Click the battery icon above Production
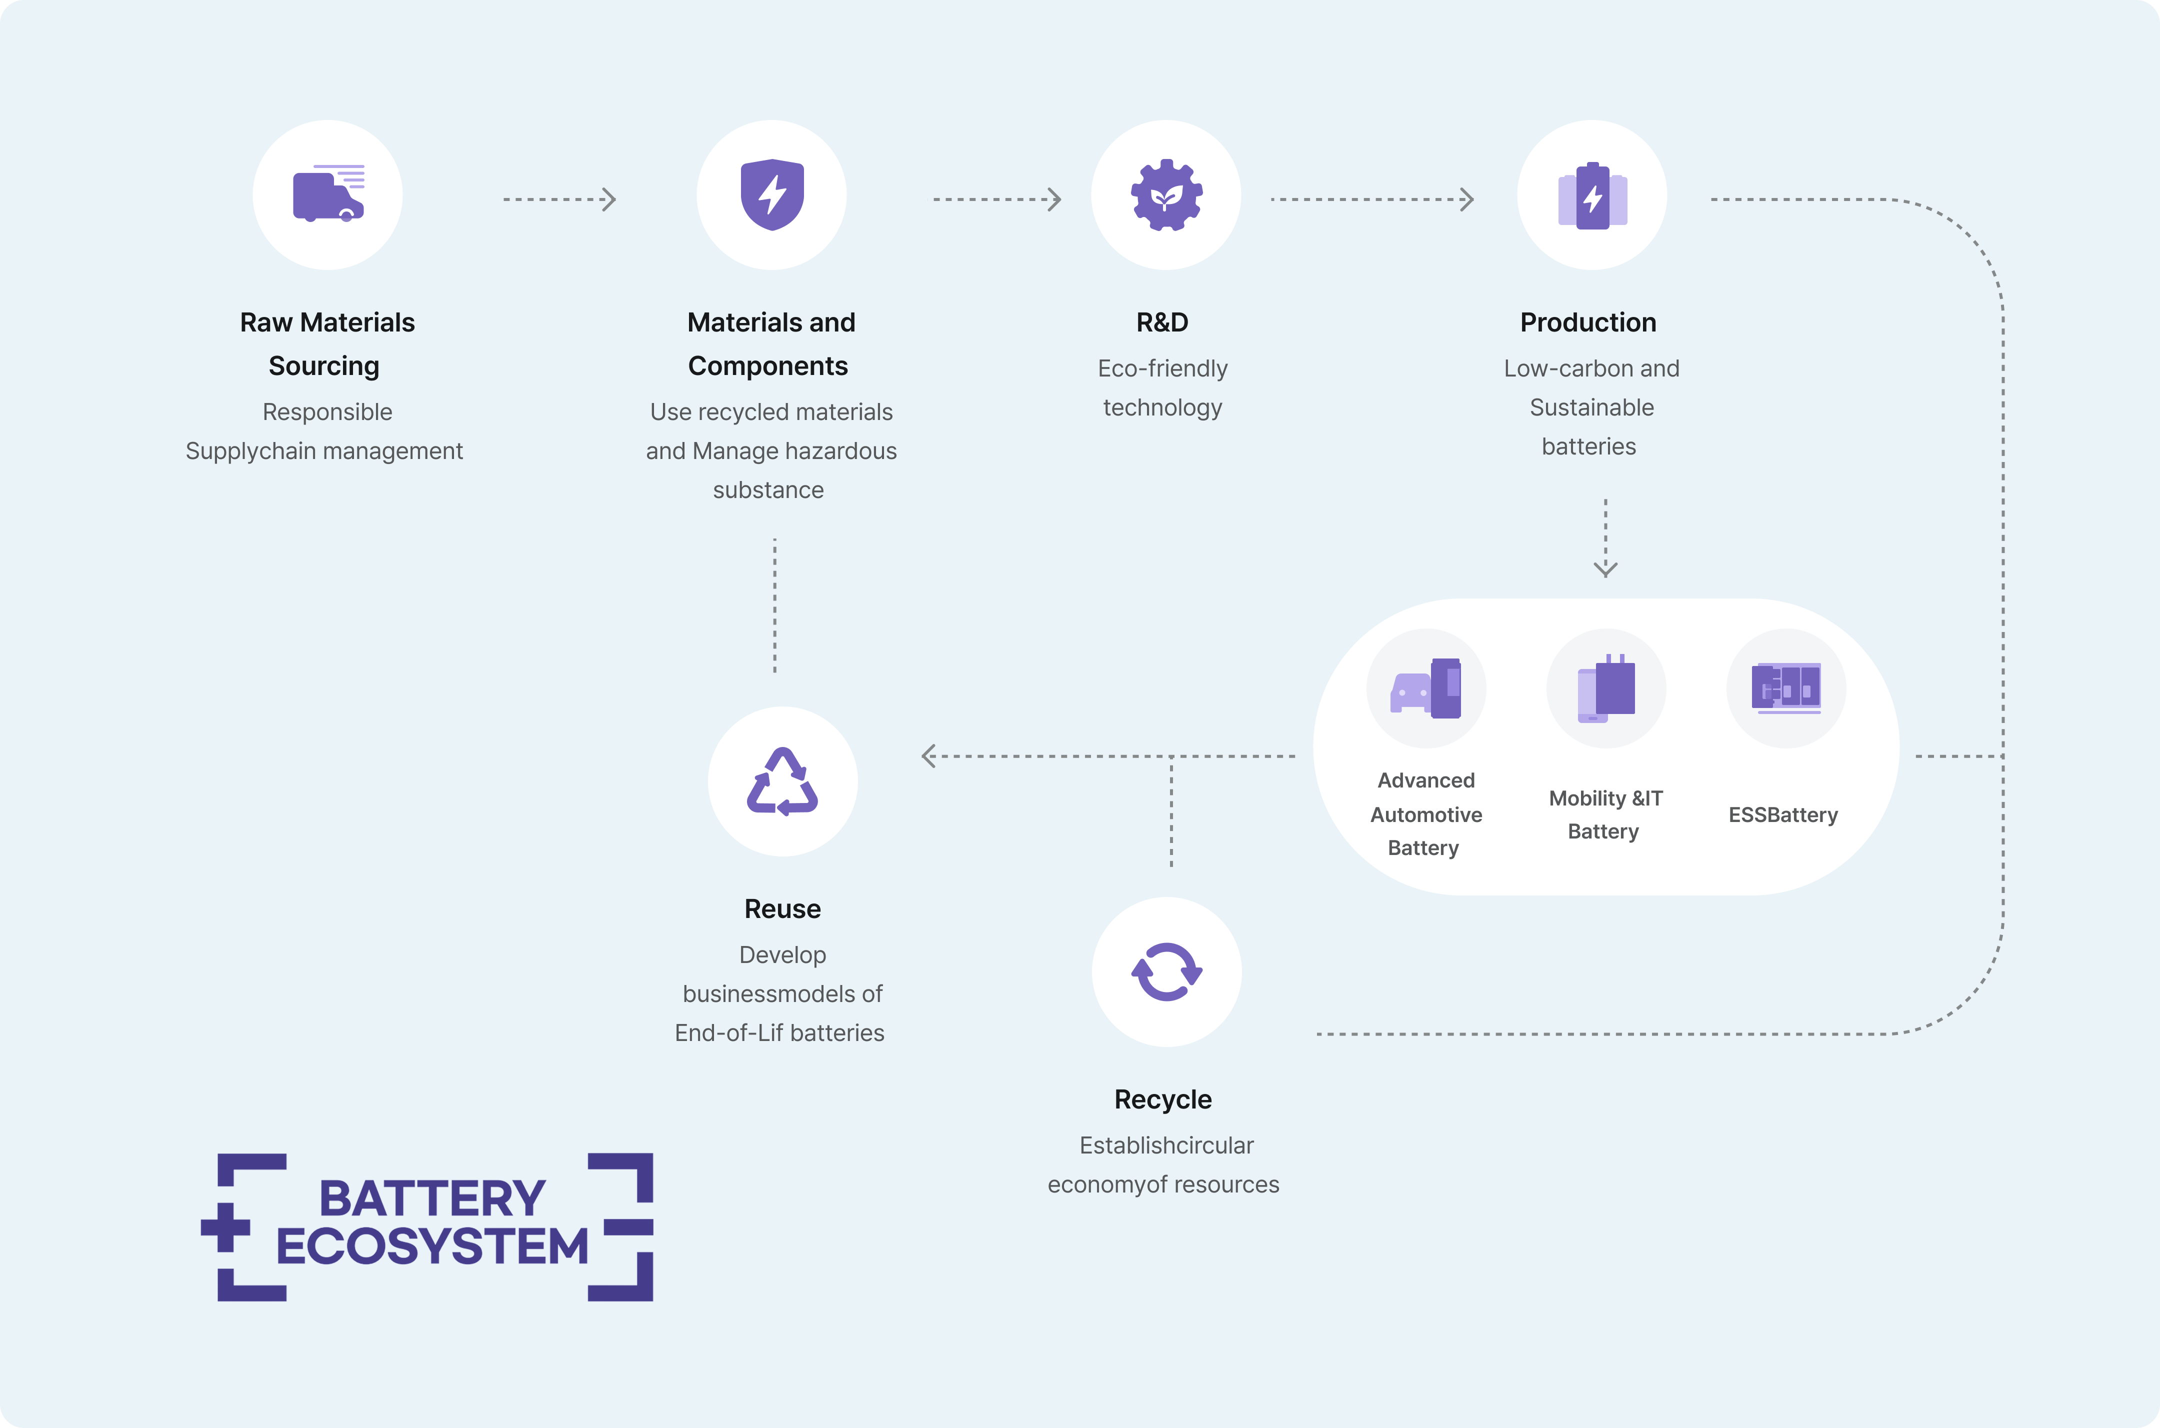point(1592,196)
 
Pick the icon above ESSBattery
point(1785,687)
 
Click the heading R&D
point(1162,322)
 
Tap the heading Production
point(1588,322)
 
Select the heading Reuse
point(782,909)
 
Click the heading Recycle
point(1163,1099)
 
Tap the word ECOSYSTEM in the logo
point(432,1246)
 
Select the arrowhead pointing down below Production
point(1605,569)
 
